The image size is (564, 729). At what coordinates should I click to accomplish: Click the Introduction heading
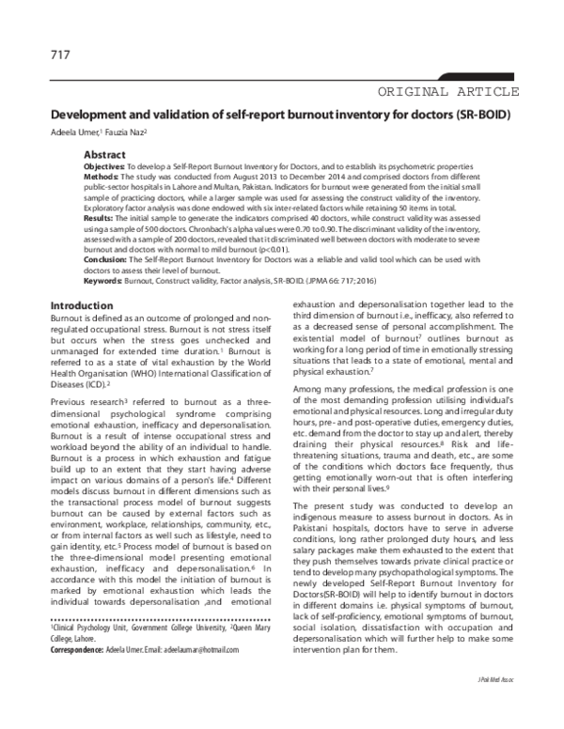click(x=82, y=306)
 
